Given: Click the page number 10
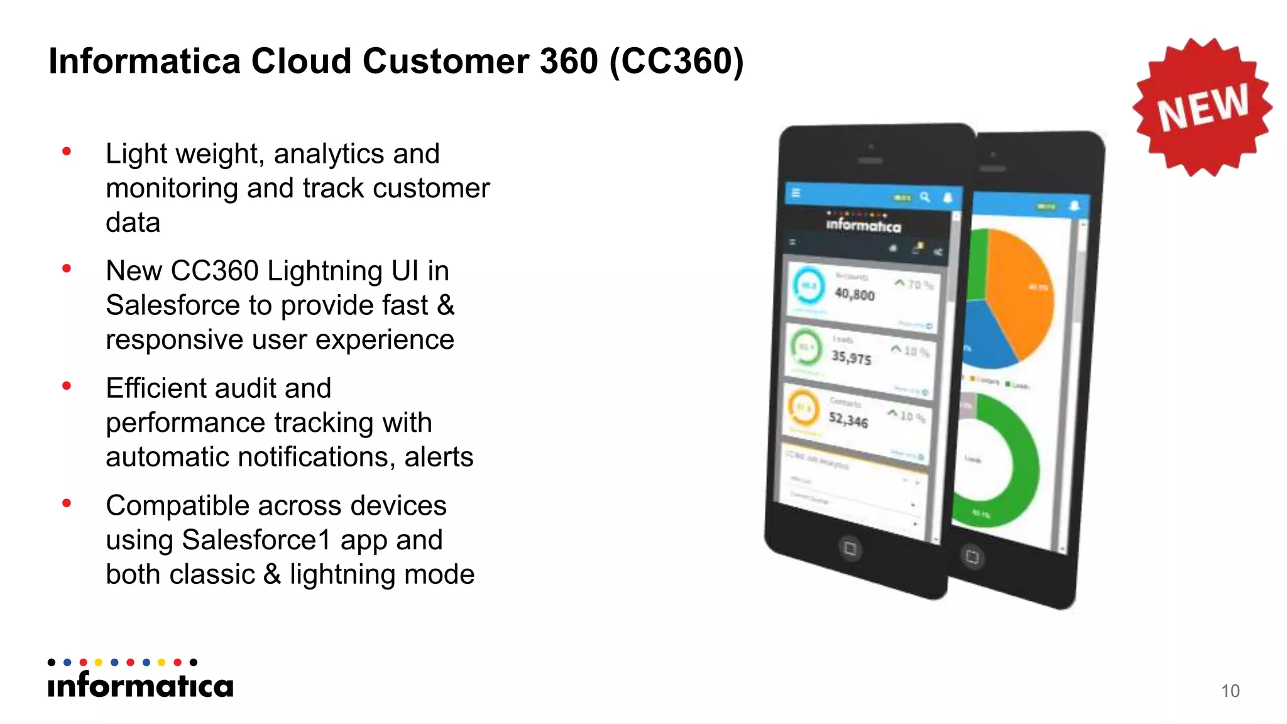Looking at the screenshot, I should pos(1230,691).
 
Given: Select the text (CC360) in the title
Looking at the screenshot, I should pos(676,62).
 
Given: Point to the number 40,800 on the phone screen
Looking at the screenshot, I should pos(854,294).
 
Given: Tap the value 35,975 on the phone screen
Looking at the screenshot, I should pos(851,357).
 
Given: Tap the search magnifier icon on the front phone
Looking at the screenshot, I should pos(925,197).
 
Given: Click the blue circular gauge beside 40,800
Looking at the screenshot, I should pos(808,286).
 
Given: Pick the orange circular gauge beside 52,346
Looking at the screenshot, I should pos(803,408).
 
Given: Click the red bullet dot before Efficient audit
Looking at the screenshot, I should pos(67,386).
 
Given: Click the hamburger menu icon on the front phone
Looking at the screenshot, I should pos(796,193).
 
